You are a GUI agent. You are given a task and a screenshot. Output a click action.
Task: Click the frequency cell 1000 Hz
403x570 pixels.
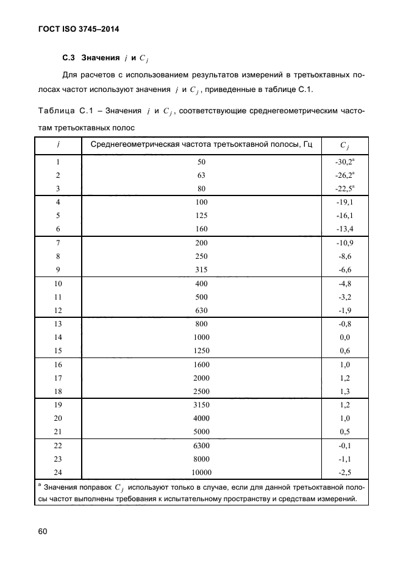[202, 337]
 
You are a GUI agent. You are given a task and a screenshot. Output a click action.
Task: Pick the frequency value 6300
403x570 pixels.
[202, 445]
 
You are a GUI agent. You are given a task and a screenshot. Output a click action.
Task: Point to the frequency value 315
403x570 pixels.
[202, 269]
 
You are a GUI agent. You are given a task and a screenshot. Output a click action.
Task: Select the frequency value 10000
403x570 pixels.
[202, 471]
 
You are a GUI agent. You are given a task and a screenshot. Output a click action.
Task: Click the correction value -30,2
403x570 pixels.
[343, 162]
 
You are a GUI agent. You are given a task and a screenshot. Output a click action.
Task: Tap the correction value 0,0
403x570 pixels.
[344, 337]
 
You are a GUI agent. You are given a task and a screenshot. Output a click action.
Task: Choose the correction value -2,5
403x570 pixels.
[344, 471]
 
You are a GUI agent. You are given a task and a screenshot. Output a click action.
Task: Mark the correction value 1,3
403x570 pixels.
[344, 390]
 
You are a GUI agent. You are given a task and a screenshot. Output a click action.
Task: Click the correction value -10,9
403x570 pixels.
[344, 242]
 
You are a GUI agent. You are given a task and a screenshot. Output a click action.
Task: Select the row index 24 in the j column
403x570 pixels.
[58, 471]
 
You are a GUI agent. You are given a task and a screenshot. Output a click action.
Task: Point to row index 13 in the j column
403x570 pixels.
[58, 323]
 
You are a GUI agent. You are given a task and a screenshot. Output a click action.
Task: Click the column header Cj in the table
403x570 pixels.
[344, 145]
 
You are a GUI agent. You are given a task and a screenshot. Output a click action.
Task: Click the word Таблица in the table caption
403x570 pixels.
[55, 111]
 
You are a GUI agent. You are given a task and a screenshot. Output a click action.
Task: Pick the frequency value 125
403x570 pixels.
[202, 216]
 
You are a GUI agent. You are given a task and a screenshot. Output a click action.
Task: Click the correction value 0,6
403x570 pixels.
[344, 350]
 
